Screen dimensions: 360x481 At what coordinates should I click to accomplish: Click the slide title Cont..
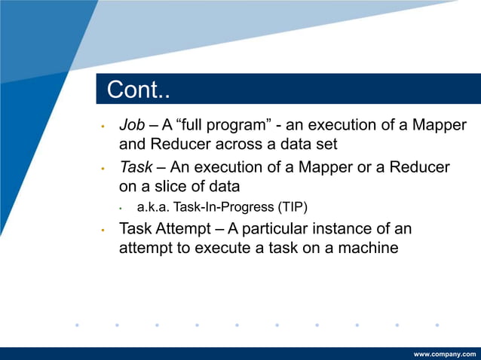click(138, 90)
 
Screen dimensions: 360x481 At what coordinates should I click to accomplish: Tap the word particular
click(300, 228)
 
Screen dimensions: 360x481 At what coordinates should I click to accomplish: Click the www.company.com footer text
click(445, 353)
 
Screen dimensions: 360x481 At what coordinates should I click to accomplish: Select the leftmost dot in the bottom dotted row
click(77, 325)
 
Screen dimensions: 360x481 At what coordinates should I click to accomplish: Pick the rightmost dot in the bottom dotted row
click(437, 325)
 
